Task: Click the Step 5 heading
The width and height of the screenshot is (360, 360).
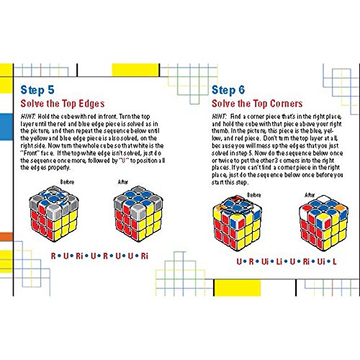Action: tap(37, 90)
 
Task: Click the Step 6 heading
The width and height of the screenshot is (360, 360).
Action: tap(228, 90)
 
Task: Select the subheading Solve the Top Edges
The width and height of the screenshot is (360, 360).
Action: tap(63, 104)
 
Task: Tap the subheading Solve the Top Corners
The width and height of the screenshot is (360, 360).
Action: tap(257, 104)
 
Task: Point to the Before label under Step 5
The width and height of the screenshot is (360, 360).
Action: tap(67, 182)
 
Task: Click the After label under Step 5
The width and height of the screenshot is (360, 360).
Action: tap(123, 182)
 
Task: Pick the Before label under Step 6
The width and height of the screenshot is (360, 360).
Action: tap(254, 195)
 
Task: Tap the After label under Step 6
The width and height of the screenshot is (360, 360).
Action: tap(310, 195)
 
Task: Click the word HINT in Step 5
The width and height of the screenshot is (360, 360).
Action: tap(28, 117)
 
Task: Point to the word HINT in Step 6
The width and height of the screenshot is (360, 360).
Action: tap(219, 117)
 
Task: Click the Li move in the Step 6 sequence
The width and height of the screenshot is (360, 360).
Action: tap(279, 261)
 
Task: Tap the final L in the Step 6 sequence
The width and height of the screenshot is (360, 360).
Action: tap(335, 261)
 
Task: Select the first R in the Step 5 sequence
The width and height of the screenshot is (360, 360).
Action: tap(53, 256)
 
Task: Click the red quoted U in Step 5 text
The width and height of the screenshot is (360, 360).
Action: tap(124, 161)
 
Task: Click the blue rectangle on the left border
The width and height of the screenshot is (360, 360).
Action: tap(6, 127)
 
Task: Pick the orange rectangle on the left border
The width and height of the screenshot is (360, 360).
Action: tap(6, 237)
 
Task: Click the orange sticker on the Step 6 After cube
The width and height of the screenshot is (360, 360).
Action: tap(339, 207)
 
